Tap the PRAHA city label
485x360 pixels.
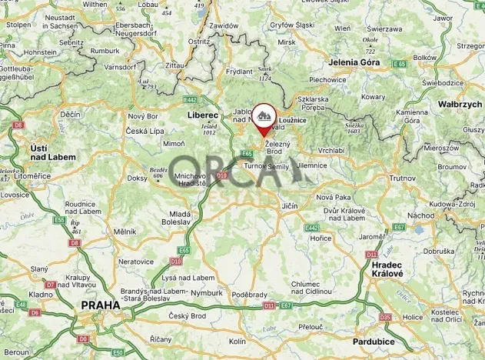tap(100, 305)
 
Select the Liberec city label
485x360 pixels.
tap(203, 115)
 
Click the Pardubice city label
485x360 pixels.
tap(374, 340)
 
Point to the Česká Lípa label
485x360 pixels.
tap(145, 131)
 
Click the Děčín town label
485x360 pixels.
tap(71, 115)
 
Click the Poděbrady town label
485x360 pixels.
tap(250, 295)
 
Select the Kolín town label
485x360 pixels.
tap(238, 341)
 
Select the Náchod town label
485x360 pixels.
tap(420, 216)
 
